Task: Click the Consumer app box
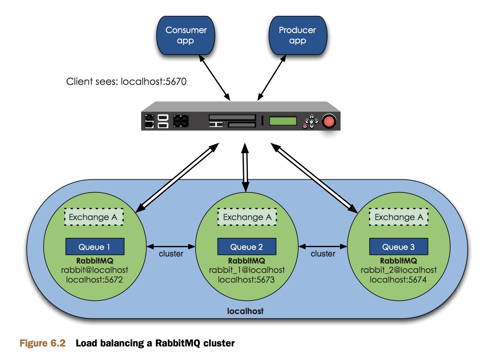pos(186,35)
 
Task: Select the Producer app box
pos(298,35)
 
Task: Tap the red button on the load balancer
pos(329,121)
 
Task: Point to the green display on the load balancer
pos(283,121)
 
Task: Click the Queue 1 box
pos(95,247)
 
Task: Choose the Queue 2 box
pos(247,247)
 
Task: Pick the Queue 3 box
pos(399,247)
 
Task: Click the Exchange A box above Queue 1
pos(94,217)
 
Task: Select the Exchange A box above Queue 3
pos(399,217)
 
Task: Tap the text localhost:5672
pos(94,280)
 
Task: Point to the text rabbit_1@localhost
pos(247,270)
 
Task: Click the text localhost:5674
pos(398,280)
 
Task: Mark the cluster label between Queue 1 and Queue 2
pos(171,254)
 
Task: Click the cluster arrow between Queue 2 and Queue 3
pos(323,247)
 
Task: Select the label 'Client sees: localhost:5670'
pos(126,82)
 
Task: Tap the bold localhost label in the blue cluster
pos(245,311)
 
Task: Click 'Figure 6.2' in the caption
pos(43,343)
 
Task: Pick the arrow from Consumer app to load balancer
pos(215,78)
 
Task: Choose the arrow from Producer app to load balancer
pos(272,78)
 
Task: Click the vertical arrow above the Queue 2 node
pos(245,167)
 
